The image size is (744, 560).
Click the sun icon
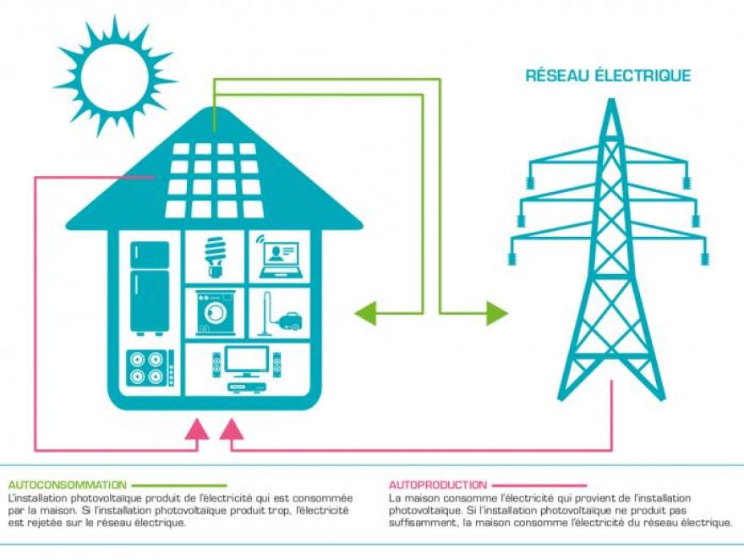pyautogui.click(x=115, y=77)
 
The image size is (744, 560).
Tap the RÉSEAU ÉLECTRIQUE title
pyautogui.click(x=608, y=76)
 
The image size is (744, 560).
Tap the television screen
pyautogui.click(x=246, y=361)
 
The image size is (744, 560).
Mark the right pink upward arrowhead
pyautogui.click(x=231, y=429)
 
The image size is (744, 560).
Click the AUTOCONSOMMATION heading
pyautogui.click(x=67, y=485)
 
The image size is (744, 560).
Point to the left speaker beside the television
pyautogui.click(x=216, y=365)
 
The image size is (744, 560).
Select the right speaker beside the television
pyautogui.click(x=276, y=365)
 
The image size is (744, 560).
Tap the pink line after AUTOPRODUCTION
pyautogui.click(x=538, y=486)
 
